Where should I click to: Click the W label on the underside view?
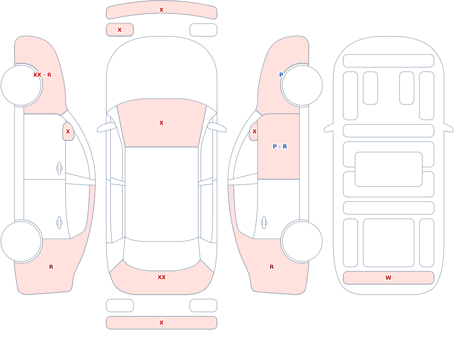tap(388, 278)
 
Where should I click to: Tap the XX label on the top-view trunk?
tap(162, 277)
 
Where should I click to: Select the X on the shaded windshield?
tap(162, 123)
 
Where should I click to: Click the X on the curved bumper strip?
tap(162, 10)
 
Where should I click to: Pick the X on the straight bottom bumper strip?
tap(162, 323)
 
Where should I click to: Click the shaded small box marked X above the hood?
tap(120, 30)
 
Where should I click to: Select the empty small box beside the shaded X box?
tap(203, 30)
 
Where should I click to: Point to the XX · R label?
tap(42, 75)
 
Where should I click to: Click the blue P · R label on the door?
tap(280, 146)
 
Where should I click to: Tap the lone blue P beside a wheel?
tap(281, 75)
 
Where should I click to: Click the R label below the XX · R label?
tap(51, 267)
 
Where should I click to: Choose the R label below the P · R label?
tap(271, 267)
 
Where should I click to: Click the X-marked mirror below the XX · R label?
tap(68, 132)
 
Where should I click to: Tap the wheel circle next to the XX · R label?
tap(21, 85)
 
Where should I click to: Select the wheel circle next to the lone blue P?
tap(302, 85)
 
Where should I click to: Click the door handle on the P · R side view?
tap(264, 223)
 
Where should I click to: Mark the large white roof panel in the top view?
tap(162, 194)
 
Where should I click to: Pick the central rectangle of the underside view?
tap(389, 169)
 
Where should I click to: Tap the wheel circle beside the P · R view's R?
tap(302, 242)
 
